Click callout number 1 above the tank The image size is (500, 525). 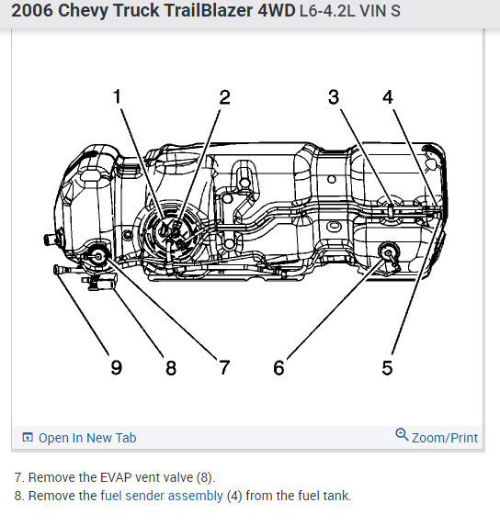[x=117, y=96]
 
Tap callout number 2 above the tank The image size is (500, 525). [x=224, y=97]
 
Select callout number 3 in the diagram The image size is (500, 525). [x=334, y=97]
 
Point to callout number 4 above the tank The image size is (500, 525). [x=388, y=97]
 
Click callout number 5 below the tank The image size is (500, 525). [x=387, y=368]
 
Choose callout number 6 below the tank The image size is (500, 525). [x=278, y=368]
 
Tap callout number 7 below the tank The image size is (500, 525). [x=224, y=368]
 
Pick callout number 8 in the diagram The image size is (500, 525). [x=171, y=368]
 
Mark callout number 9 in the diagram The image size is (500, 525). [x=117, y=368]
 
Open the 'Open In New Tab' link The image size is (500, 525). [x=87, y=438]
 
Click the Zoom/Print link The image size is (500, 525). [x=444, y=438]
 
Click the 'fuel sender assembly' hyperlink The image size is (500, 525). [x=162, y=496]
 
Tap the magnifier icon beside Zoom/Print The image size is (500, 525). [x=402, y=435]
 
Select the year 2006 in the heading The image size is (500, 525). [x=32, y=10]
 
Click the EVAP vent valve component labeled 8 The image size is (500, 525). [x=100, y=281]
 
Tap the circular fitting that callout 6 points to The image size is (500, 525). [x=388, y=252]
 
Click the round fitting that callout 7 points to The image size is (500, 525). [x=98, y=256]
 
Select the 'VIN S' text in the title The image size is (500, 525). [x=380, y=11]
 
